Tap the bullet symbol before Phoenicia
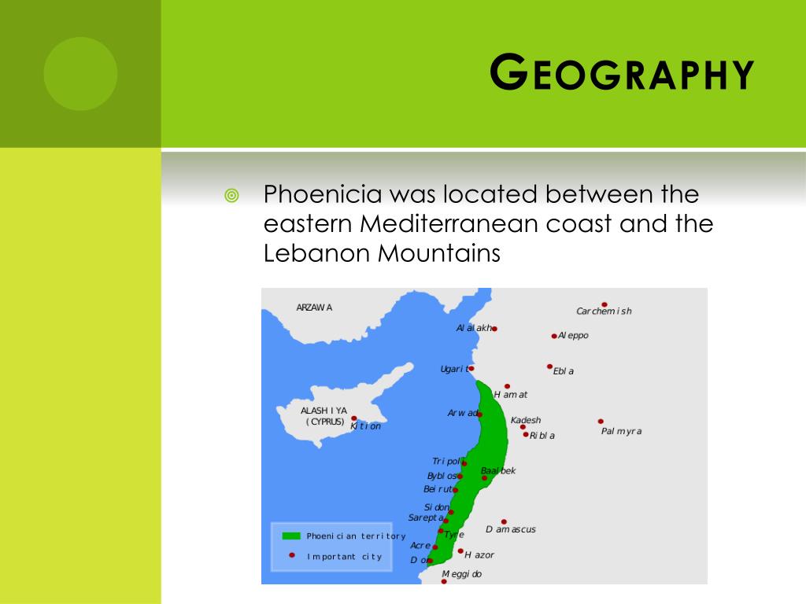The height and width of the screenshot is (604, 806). point(231,195)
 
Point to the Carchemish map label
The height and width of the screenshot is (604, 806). point(604,311)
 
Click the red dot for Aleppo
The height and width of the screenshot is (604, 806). point(554,336)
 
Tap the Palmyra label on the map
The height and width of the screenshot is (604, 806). point(621,431)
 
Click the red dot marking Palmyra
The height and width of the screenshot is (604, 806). point(601,422)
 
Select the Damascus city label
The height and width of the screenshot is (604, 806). point(511,529)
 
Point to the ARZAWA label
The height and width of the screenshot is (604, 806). point(314,308)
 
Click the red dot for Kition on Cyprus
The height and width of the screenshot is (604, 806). point(354,418)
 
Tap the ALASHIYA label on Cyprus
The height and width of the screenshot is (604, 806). point(324,411)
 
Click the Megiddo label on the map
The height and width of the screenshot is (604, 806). point(462,574)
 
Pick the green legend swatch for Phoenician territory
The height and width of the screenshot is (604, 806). point(291,536)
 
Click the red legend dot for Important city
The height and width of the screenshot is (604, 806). point(292,555)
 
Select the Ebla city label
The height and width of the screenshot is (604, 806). point(564,371)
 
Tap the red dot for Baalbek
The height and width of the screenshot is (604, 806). point(485,478)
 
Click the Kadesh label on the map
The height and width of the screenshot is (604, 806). point(526,420)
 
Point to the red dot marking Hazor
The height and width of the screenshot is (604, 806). point(460,551)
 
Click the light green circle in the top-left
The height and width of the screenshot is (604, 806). point(80,74)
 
